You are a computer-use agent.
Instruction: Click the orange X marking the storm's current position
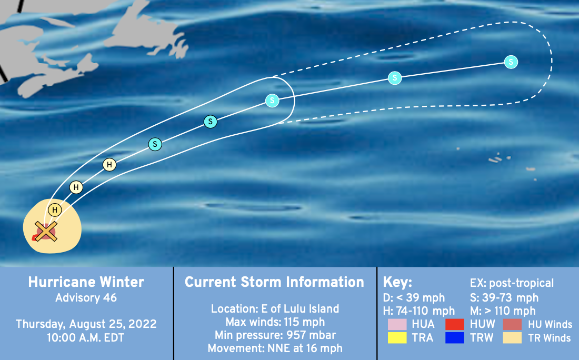[46, 232]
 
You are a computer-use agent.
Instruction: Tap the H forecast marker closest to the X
[55, 210]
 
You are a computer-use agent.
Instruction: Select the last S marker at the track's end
[511, 62]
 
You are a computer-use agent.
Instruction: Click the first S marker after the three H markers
[155, 144]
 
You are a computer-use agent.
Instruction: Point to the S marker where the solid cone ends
[272, 100]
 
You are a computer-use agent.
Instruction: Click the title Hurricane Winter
[86, 282]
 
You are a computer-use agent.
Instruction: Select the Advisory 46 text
[86, 297]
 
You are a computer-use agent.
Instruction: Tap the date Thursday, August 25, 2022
[86, 324]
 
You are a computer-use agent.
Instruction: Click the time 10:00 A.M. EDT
[85, 337]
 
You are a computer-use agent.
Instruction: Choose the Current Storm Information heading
[274, 282]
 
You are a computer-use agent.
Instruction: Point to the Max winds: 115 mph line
[275, 322]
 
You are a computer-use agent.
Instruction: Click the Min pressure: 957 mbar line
[275, 335]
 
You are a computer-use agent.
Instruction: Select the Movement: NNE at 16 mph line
[275, 348]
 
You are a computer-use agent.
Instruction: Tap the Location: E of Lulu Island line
[275, 308]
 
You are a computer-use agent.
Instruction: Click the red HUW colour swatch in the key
[455, 324]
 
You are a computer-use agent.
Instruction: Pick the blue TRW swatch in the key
[455, 337]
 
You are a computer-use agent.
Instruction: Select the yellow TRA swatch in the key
[397, 337]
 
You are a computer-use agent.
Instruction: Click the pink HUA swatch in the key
[397, 324]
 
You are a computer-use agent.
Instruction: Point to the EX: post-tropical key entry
[512, 283]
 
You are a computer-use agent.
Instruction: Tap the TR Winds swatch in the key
[512, 337]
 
